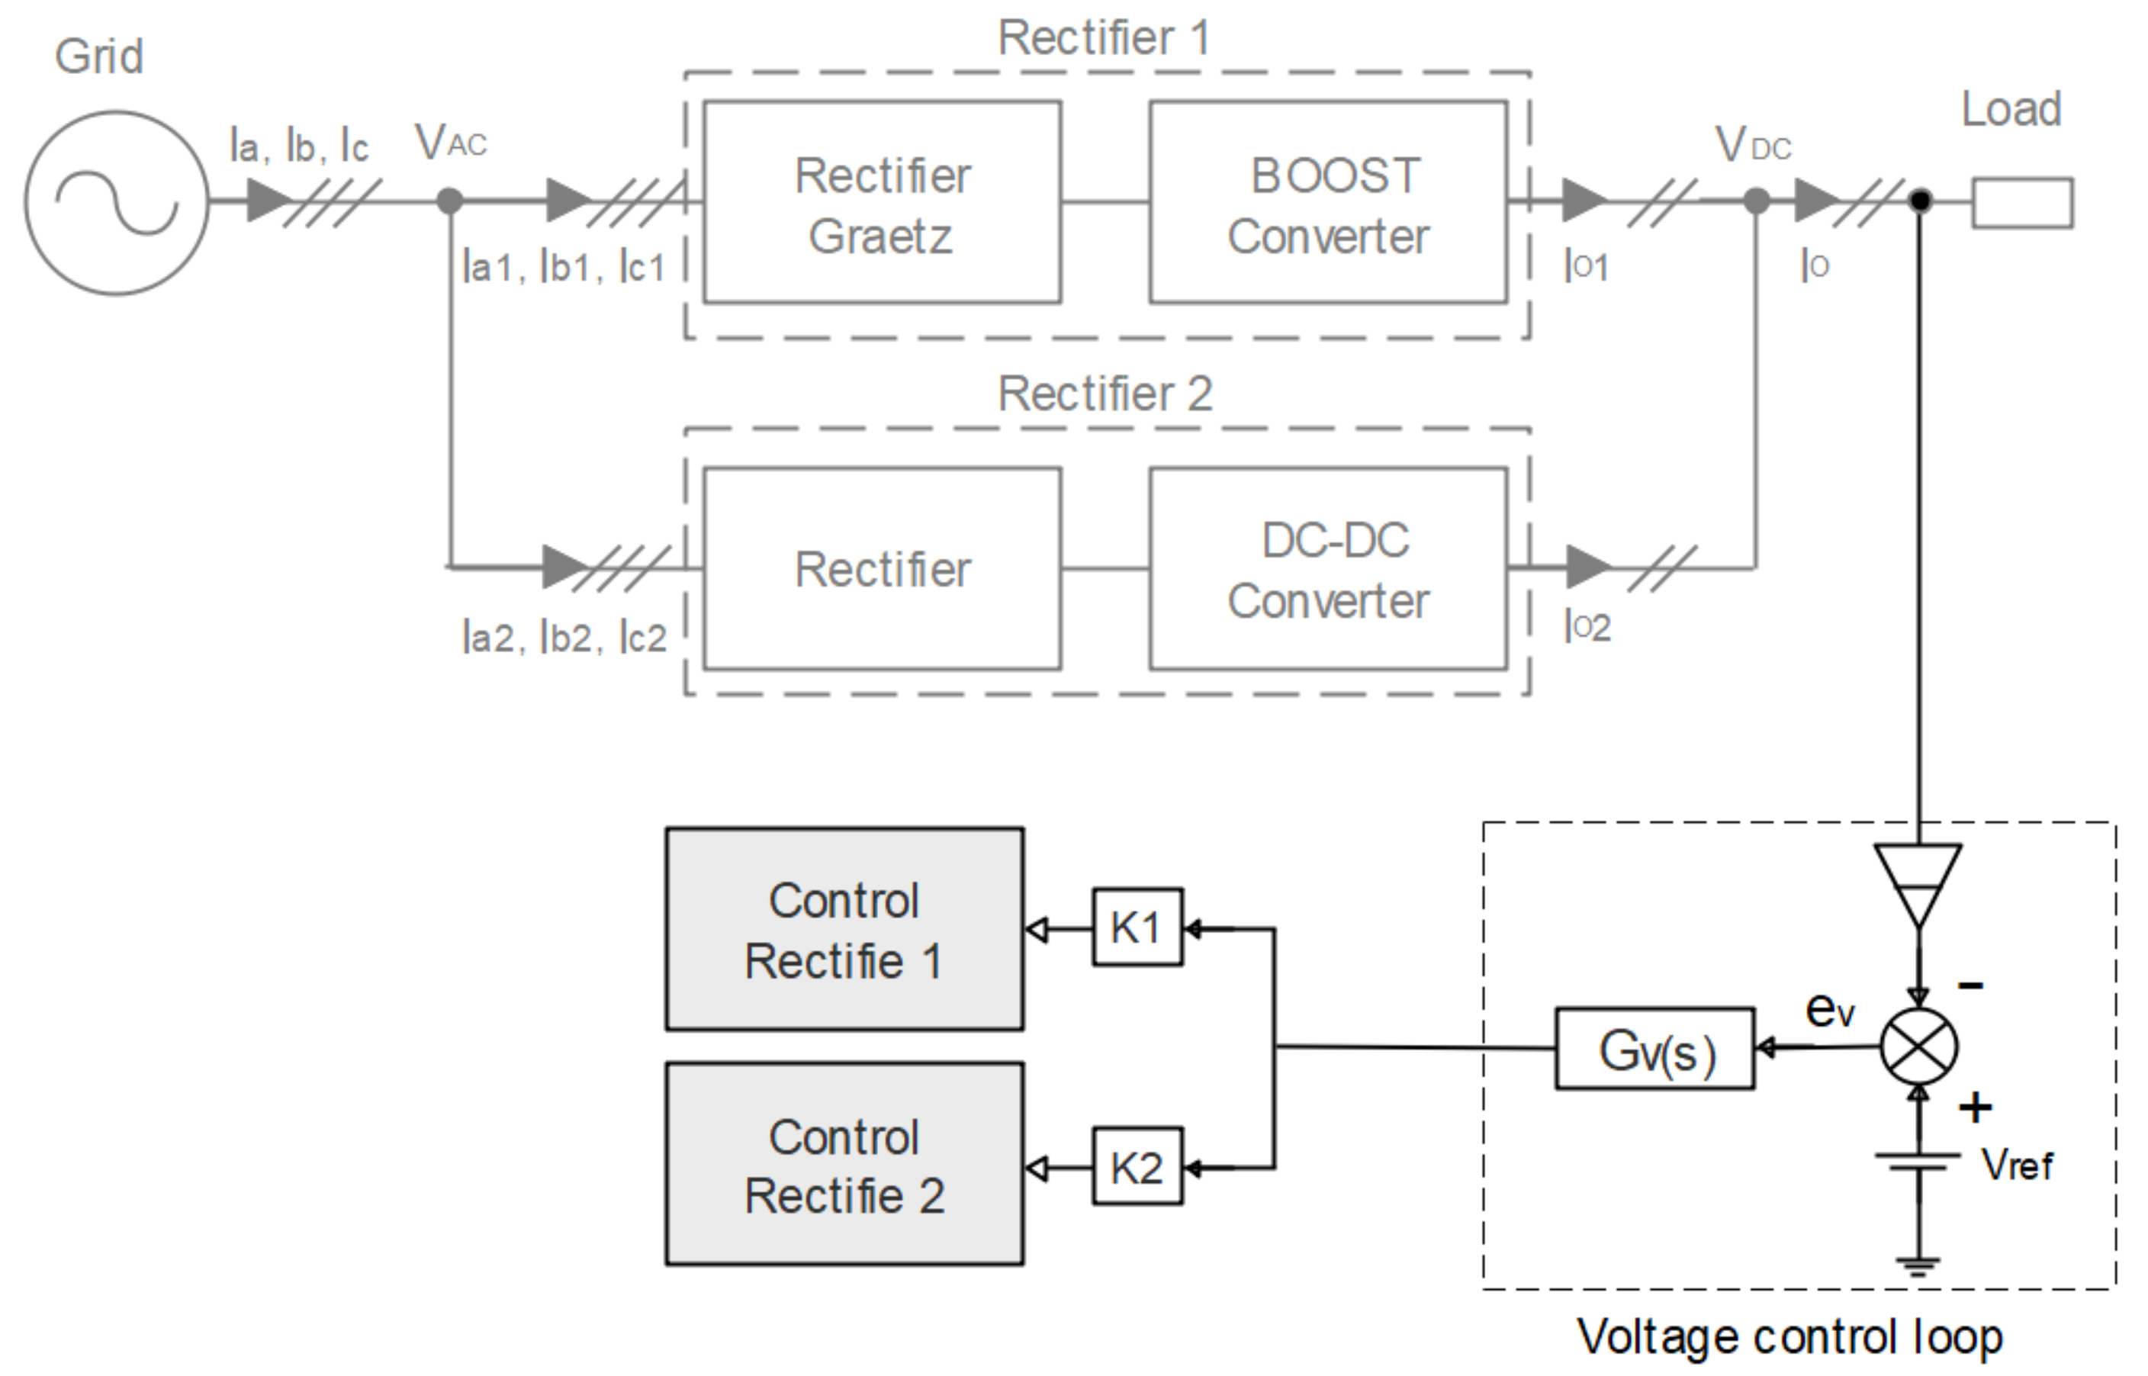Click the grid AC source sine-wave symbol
pyautogui.click(x=116, y=203)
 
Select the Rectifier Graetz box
pyautogui.click(x=882, y=203)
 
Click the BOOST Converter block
pyautogui.click(x=1328, y=203)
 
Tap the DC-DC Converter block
pyautogui.click(x=1328, y=569)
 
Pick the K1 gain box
pyautogui.click(x=1137, y=928)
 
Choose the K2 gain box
pyautogui.click(x=1137, y=1167)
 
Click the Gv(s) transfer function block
pyautogui.click(x=1654, y=1049)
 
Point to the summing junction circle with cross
pyautogui.click(x=1918, y=1046)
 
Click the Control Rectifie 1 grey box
pyautogui.click(x=844, y=929)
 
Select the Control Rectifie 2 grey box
pyautogui.click(x=844, y=1164)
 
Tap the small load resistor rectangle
pyautogui.click(x=2023, y=203)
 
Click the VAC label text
pyautogui.click(x=452, y=142)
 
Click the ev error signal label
pyautogui.click(x=1830, y=1010)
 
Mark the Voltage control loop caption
pyautogui.click(x=1789, y=1338)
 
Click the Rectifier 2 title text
pyautogui.click(x=1105, y=394)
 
